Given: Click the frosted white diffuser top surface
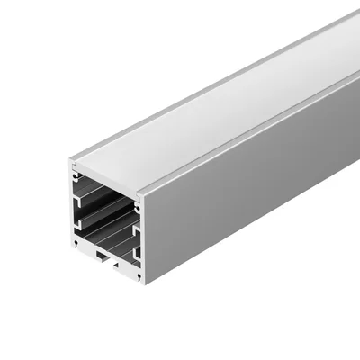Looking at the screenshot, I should click(x=216, y=108).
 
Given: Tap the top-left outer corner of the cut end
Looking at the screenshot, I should click(x=69, y=162).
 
